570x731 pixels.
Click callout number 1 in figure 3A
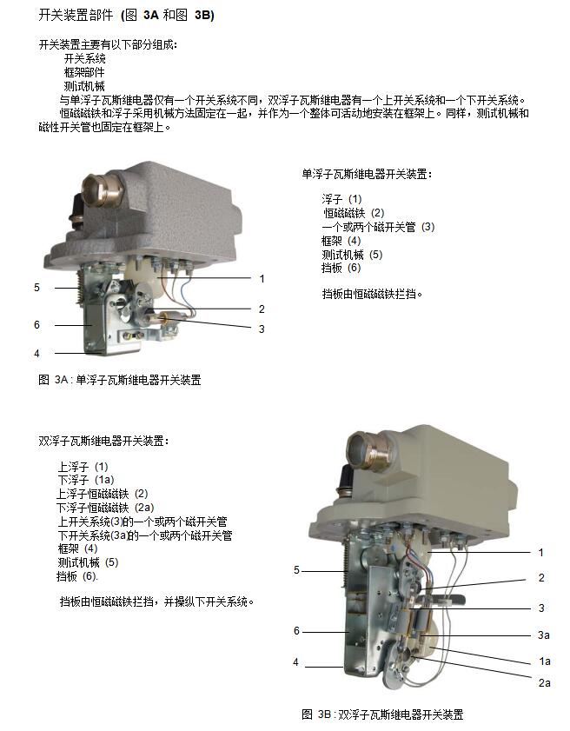point(262,279)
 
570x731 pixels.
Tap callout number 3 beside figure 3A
point(262,329)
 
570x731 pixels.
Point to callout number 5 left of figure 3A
point(36,288)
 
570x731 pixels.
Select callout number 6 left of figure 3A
point(36,325)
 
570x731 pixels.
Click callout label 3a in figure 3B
point(543,635)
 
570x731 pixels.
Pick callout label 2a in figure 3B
point(544,683)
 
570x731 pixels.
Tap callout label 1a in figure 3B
point(544,661)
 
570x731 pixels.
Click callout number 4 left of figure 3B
point(295,662)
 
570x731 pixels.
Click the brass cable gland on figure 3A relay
point(103,189)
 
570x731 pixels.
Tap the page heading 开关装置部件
point(76,15)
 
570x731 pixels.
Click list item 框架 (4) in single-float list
point(341,241)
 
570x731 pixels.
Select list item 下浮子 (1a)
point(86,480)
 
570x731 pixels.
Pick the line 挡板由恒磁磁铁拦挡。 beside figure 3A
point(373,294)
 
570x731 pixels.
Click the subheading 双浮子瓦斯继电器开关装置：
point(103,441)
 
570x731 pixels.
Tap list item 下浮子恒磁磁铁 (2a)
point(105,508)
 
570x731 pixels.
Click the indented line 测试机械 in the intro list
point(84,86)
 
